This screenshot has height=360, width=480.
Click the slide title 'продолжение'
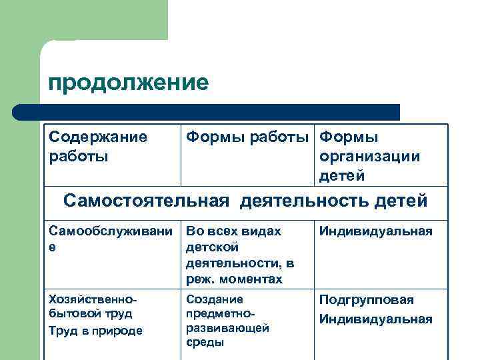tap(129, 83)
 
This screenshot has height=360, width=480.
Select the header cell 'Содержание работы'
tap(98, 146)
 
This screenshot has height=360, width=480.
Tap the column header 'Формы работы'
tap(247, 137)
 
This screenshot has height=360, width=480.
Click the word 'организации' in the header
tap(370, 156)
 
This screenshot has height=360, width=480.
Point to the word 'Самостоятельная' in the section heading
tap(146, 201)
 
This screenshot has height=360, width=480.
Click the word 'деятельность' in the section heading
tap(307, 201)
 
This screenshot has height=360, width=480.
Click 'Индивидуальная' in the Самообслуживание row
tap(376, 231)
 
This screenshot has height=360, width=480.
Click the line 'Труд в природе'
tap(96, 330)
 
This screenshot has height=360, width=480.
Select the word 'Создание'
tap(215, 299)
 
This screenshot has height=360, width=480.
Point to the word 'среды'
tap(205, 343)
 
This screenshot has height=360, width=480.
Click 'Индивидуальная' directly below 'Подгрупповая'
tap(376, 319)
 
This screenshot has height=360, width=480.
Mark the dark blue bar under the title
tap(207, 111)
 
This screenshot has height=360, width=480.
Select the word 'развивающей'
tap(227, 328)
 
